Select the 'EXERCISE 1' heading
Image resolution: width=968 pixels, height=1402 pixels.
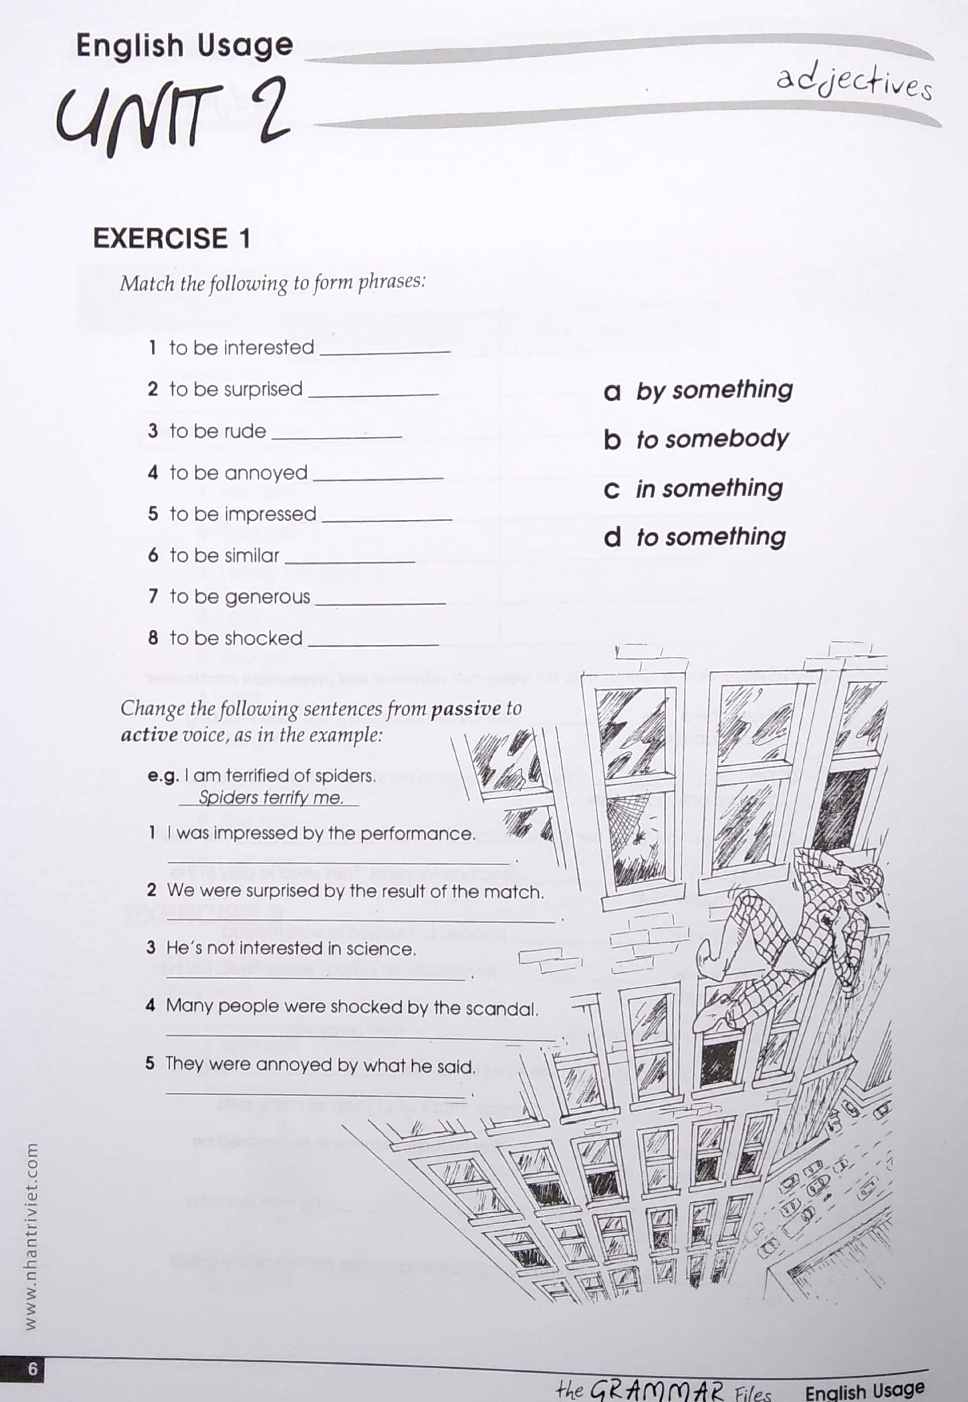coord(171,238)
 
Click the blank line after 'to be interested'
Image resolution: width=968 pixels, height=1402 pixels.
coord(385,350)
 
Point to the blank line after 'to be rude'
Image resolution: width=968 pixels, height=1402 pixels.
coord(336,434)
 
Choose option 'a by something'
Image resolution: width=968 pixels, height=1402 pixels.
coord(698,390)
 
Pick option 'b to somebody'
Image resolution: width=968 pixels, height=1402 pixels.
coord(696,439)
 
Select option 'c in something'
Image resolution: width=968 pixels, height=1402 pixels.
coord(693,489)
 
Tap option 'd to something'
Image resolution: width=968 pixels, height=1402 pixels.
coord(694,537)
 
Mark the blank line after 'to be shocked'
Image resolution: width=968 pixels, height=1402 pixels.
coord(373,642)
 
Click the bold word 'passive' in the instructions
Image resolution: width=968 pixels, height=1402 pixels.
coord(466,709)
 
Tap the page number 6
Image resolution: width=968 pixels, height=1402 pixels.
coord(32,1369)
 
